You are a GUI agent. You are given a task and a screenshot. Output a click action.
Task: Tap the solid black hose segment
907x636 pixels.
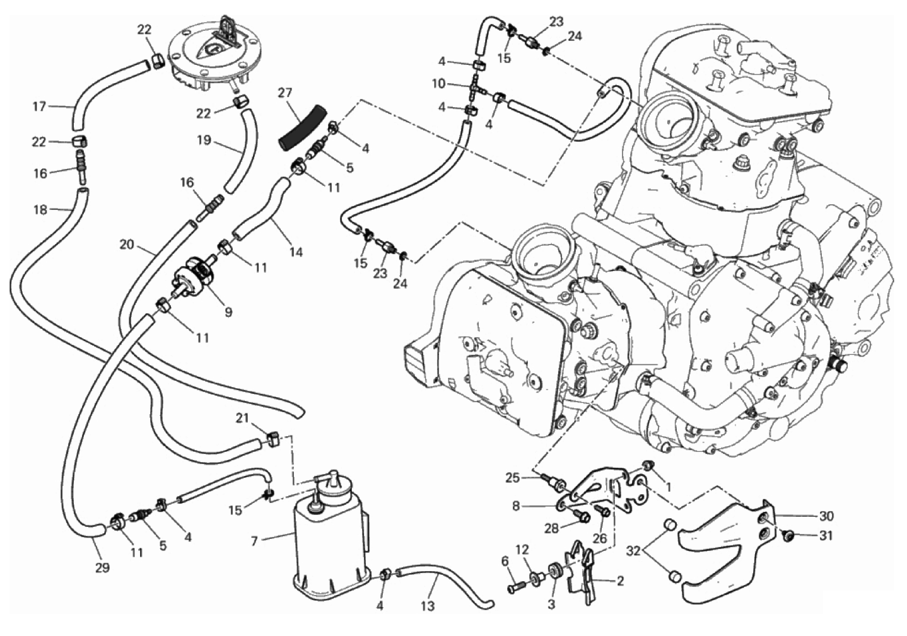click(302, 129)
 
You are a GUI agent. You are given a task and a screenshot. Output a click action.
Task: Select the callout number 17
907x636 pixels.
click(39, 107)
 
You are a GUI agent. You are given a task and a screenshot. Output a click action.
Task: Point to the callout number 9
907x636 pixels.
click(228, 311)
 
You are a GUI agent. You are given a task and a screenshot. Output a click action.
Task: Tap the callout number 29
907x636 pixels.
click(102, 568)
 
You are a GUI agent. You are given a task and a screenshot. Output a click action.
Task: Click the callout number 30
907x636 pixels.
click(826, 516)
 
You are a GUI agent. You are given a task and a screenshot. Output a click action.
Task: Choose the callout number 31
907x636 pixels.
click(826, 536)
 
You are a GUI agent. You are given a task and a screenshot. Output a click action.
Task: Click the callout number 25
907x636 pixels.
click(512, 478)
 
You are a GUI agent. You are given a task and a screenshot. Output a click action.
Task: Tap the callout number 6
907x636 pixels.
click(505, 561)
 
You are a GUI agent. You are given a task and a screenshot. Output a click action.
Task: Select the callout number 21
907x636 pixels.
click(243, 418)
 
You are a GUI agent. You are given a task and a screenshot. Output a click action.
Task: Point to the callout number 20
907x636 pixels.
click(127, 244)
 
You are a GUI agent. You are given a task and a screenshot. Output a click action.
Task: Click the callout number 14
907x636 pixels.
click(296, 252)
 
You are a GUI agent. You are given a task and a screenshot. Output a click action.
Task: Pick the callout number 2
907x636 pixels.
click(619, 581)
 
